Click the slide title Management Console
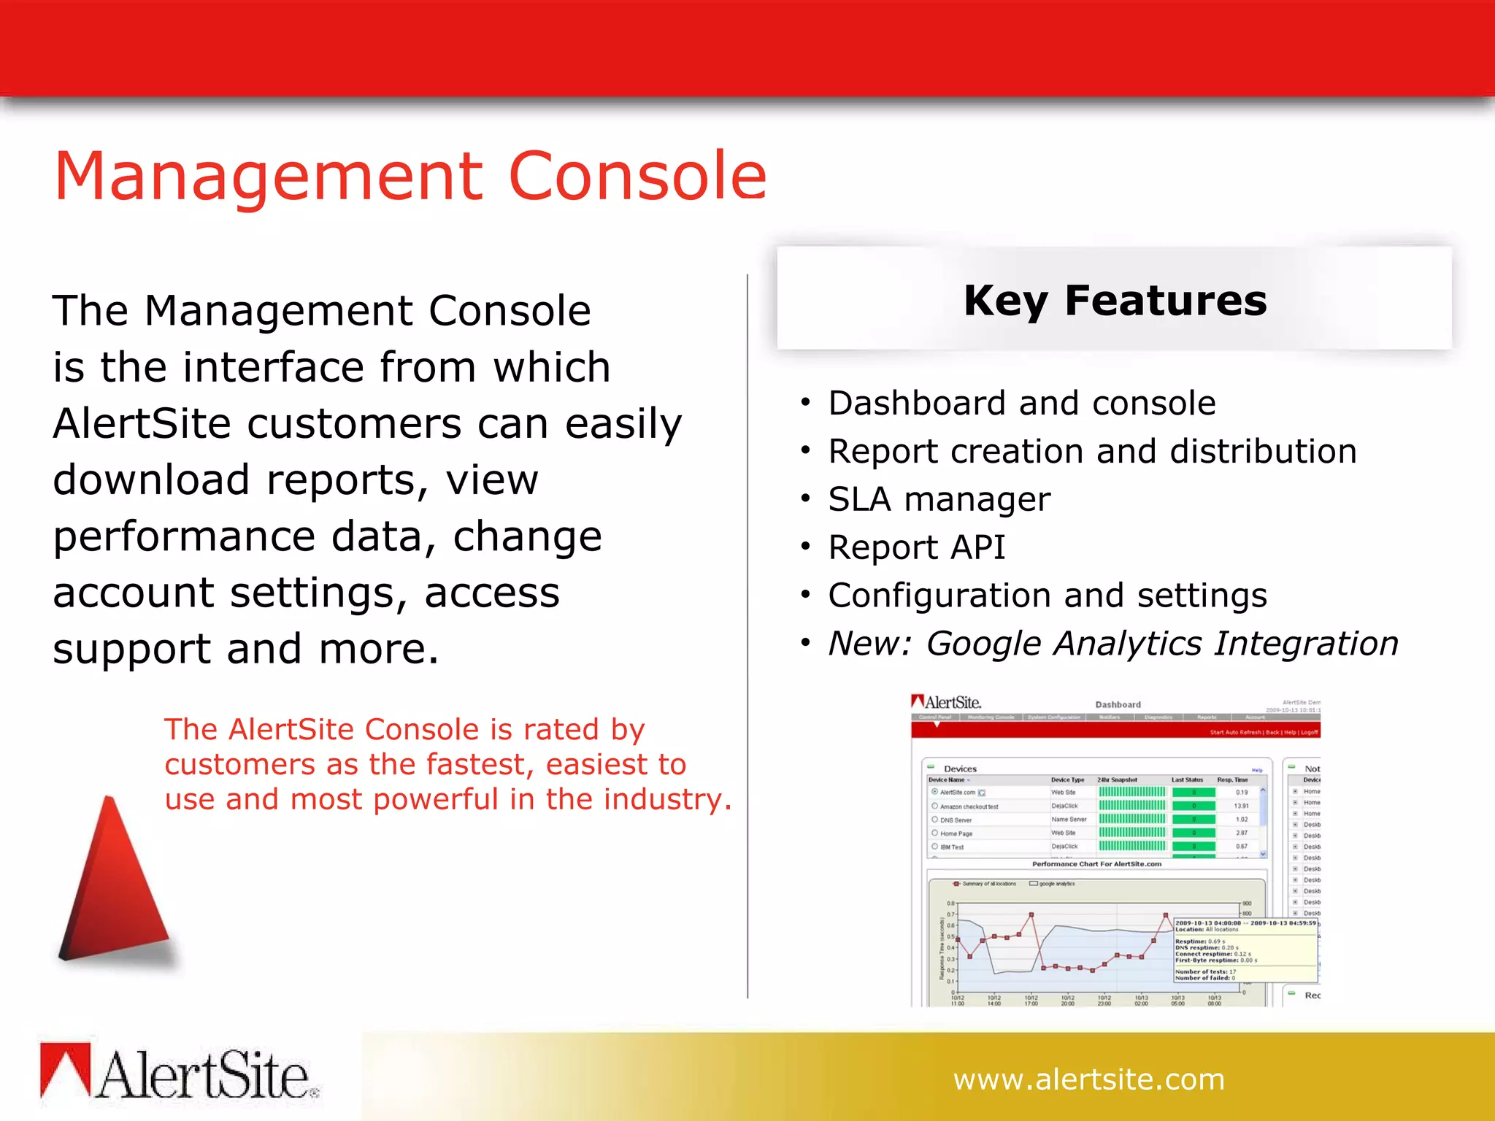point(410,176)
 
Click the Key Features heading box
point(1114,299)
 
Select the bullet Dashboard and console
point(1021,404)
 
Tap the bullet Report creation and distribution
point(1092,452)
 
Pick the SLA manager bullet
point(939,500)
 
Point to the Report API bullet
point(916,547)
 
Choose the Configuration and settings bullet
point(1047,596)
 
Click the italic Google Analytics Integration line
point(1112,644)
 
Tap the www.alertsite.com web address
point(1088,1079)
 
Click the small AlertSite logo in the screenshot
point(946,702)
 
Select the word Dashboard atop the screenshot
point(1118,704)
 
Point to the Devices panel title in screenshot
point(960,768)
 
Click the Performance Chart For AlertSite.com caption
point(1096,864)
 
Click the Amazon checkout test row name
point(969,806)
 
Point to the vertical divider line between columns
point(747,635)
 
